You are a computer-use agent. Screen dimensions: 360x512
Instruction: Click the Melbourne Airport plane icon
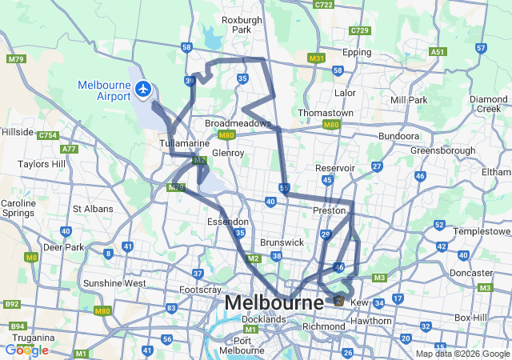point(144,88)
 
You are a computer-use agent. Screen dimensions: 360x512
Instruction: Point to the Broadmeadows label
point(238,124)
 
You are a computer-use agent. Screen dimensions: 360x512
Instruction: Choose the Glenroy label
point(228,152)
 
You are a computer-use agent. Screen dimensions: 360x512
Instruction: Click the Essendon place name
point(228,222)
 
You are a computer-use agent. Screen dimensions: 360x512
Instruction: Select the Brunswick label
point(282,242)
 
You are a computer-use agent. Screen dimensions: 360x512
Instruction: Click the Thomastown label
point(326,113)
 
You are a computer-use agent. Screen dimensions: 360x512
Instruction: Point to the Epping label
point(357,52)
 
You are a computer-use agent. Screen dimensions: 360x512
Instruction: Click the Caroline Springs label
point(19,209)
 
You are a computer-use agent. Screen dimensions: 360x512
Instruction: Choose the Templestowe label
point(481,230)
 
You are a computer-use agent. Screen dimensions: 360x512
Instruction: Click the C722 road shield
point(324,5)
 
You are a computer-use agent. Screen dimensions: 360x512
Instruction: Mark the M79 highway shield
point(15,59)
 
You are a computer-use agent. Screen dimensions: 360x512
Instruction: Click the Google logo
point(26,350)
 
